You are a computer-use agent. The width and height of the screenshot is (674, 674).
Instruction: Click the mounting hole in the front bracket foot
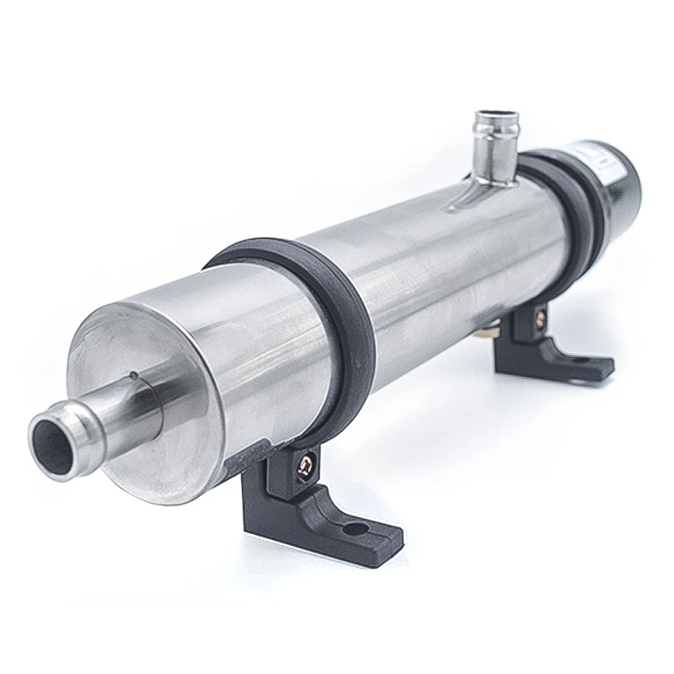[x=350, y=529]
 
